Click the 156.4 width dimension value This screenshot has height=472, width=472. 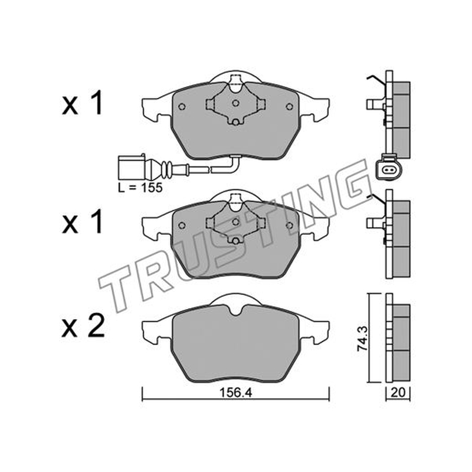click(235, 392)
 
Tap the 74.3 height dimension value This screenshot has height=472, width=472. click(362, 339)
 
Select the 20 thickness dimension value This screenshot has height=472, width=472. click(398, 392)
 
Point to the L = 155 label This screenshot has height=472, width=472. click(140, 188)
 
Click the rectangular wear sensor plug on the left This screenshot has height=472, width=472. click(132, 167)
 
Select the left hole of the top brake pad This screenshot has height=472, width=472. click(182, 107)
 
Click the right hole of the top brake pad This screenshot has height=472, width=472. click(289, 107)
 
